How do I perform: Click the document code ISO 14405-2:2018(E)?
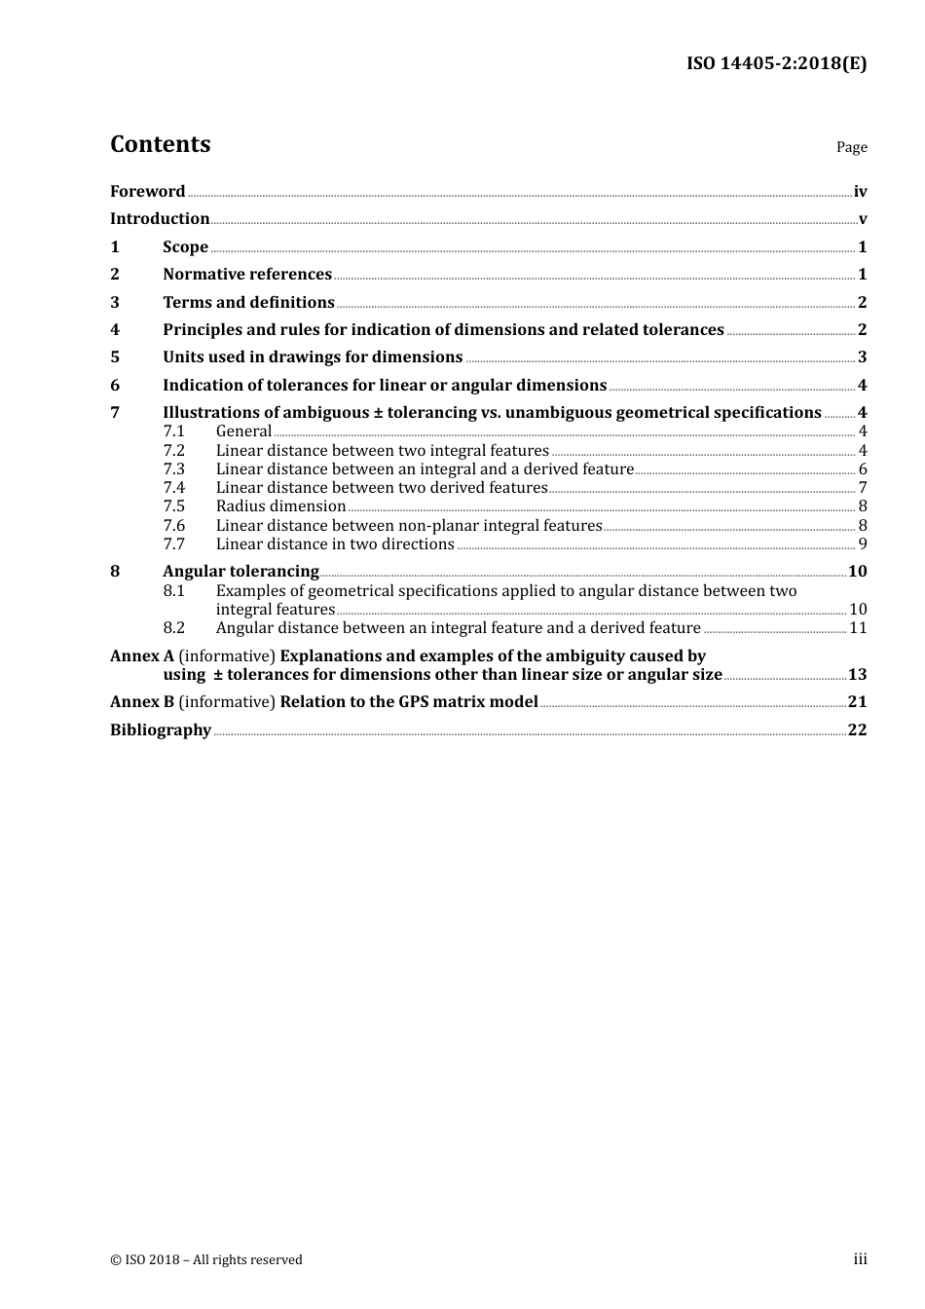pos(776,63)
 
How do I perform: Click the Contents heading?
pos(160,144)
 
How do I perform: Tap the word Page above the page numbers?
pos(851,147)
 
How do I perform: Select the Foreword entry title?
pos(147,191)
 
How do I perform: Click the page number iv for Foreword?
pos(860,192)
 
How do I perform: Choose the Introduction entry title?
pos(160,219)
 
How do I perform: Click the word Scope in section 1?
pos(185,247)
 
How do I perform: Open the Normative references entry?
pos(247,275)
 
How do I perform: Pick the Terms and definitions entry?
pos(248,303)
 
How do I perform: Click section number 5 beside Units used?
pos(115,357)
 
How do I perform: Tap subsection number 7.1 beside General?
pos(173,431)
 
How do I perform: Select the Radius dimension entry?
pos(280,506)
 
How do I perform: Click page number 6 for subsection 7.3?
pos(863,469)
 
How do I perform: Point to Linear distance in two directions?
pos(335,544)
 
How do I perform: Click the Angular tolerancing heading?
pos(240,572)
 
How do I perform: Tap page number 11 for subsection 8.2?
pos(858,628)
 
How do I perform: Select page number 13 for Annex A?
pos(857,675)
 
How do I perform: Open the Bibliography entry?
pos(161,730)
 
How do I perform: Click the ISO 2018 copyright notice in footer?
pos(206,1259)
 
